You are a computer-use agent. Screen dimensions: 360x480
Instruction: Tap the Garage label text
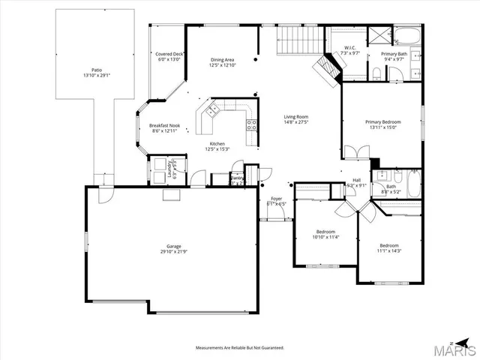click(174, 245)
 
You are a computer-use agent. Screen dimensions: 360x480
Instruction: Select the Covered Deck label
click(169, 54)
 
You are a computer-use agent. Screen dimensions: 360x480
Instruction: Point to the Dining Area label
click(222, 59)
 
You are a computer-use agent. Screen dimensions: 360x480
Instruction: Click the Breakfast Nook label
click(164, 125)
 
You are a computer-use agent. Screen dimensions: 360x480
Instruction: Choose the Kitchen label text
click(217, 143)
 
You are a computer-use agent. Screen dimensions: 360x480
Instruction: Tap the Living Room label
click(296, 117)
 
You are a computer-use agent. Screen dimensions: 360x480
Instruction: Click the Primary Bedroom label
click(382, 121)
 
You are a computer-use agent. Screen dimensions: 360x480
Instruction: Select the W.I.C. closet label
click(349, 49)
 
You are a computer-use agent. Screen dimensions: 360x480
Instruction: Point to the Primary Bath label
click(394, 54)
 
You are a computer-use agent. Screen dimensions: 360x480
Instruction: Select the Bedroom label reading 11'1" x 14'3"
click(389, 247)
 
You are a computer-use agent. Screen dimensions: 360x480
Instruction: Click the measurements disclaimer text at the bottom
click(240, 348)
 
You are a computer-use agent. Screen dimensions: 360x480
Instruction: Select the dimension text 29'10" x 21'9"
click(174, 251)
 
